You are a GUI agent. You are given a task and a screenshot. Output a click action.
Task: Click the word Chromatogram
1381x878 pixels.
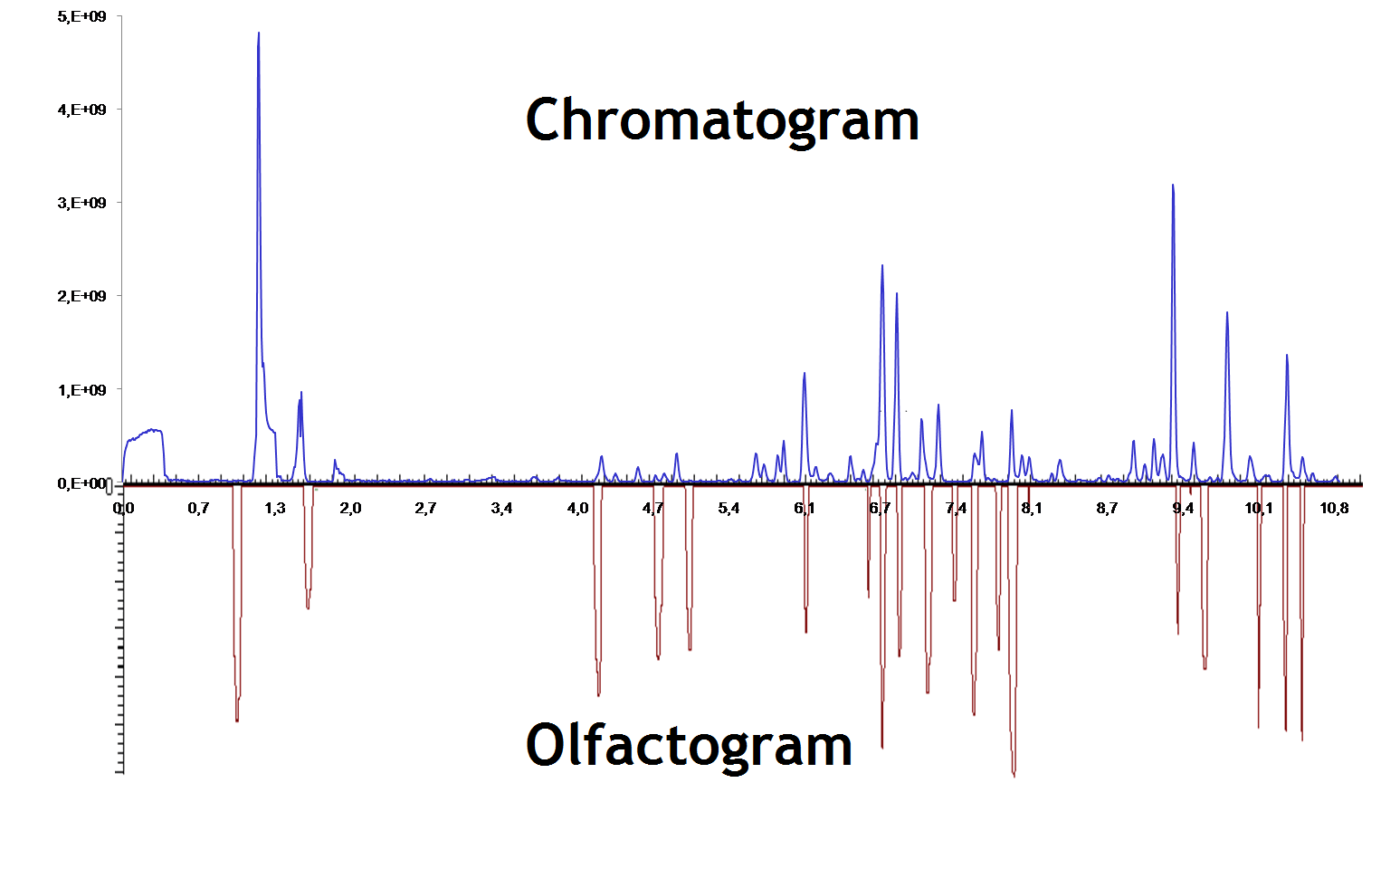(x=721, y=119)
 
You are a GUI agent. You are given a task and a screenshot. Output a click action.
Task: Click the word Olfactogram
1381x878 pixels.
(x=688, y=745)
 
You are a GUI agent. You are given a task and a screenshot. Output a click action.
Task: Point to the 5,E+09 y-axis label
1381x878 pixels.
(x=81, y=16)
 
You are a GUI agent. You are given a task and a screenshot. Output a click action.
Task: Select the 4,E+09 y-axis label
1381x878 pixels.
(x=81, y=110)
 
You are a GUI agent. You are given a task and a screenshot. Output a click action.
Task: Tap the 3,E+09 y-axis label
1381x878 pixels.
(x=81, y=203)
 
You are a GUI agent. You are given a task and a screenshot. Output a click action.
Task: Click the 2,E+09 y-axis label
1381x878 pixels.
(x=81, y=296)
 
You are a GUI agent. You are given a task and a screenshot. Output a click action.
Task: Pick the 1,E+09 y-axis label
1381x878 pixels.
(x=81, y=390)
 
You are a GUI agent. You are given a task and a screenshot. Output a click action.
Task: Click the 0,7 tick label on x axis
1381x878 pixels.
(x=199, y=508)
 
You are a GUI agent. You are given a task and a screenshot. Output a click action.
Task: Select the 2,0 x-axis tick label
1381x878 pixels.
(x=350, y=508)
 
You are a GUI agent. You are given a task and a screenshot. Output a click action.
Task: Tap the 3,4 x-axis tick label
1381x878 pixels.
(x=501, y=508)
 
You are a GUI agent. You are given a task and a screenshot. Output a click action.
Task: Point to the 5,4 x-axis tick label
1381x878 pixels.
(x=729, y=508)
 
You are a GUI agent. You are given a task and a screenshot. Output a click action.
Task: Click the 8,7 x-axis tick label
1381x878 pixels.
(x=1107, y=508)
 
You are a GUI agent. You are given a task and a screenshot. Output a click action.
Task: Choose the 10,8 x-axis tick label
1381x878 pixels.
(x=1334, y=508)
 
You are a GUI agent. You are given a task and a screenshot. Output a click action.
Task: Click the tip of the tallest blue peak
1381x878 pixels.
(x=259, y=33)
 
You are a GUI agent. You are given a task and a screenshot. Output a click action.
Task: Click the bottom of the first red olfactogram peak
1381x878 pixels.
(x=237, y=720)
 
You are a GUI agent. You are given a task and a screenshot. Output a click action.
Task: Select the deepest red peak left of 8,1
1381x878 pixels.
(x=1014, y=775)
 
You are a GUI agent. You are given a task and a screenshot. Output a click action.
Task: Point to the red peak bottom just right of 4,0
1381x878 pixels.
(x=598, y=694)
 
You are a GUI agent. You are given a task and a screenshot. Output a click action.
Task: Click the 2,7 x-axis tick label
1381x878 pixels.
(x=425, y=508)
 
